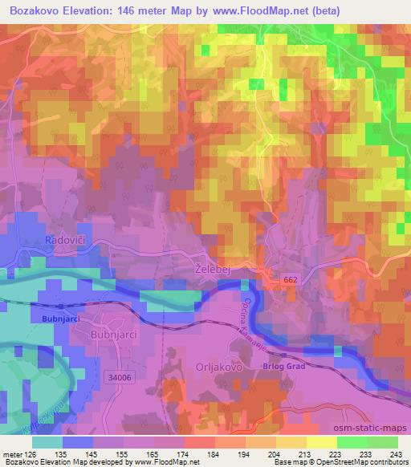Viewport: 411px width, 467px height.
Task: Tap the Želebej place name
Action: [213, 270]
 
